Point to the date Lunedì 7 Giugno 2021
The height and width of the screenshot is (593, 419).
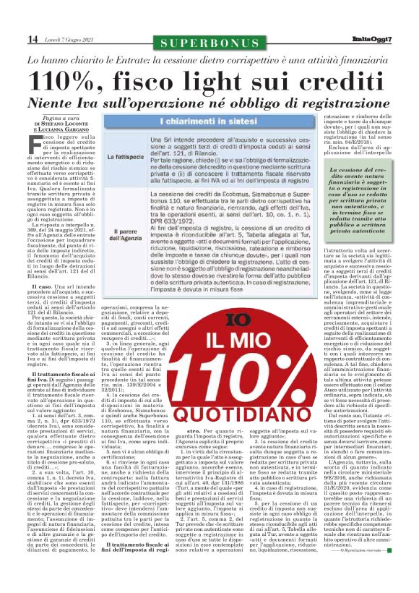(x=66, y=38)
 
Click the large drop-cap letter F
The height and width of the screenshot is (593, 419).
(x=36, y=144)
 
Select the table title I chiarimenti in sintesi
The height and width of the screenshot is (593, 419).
(x=198, y=119)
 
